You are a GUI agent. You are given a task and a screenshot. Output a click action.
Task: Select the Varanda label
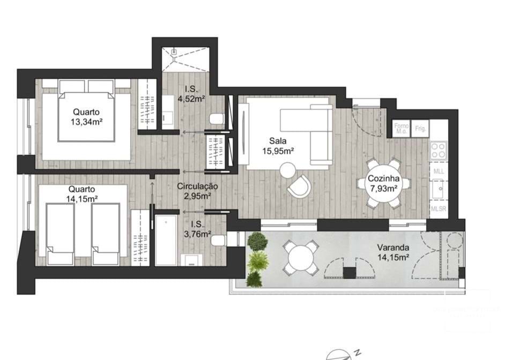pos(393,248)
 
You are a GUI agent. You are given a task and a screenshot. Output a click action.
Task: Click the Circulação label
pos(198,186)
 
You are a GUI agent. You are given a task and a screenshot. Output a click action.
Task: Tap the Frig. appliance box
pos(420,129)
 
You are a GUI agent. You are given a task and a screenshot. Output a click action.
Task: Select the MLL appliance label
pos(438,171)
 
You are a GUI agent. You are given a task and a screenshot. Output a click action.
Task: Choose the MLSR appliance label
pos(438,209)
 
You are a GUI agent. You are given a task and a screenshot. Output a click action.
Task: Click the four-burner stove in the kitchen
pos(438,149)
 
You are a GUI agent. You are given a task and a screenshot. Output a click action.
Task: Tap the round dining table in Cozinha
pos(383,183)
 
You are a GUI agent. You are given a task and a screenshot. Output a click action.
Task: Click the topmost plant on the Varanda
pos(257,241)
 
